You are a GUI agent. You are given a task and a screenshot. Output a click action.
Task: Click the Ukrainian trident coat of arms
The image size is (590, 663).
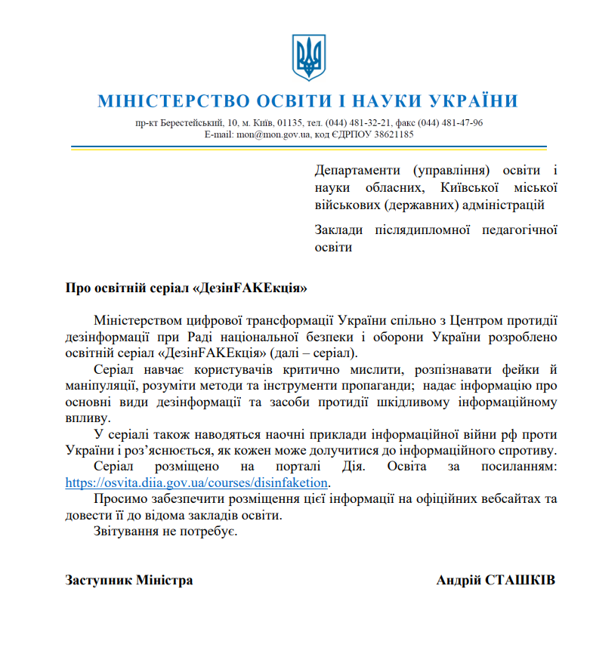point(307,57)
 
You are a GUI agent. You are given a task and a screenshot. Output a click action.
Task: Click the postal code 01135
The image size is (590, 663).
point(289,122)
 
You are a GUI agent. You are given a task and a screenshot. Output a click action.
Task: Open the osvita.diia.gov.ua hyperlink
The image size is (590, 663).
point(198,483)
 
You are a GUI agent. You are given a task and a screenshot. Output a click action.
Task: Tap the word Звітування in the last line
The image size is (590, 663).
point(125,532)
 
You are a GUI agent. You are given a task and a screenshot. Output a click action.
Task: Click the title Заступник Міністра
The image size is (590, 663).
point(129,580)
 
